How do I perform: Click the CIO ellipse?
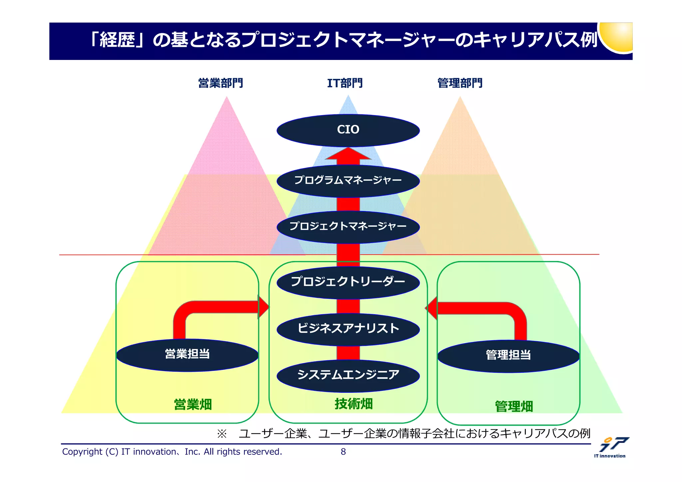tap(348, 130)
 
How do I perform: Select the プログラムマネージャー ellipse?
tap(348, 181)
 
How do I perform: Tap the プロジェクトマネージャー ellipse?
tap(348, 227)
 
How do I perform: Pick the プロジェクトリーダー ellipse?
tap(348, 282)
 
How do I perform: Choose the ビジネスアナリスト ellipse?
tap(348, 329)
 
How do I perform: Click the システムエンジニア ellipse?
tap(348, 375)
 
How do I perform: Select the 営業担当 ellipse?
tap(187, 355)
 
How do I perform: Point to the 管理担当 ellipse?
tap(508, 356)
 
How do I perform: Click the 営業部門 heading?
tap(220, 83)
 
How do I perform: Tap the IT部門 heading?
tap(345, 83)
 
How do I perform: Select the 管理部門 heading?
tap(460, 83)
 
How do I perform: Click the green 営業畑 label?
tap(193, 404)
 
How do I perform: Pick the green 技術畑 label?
tap(354, 404)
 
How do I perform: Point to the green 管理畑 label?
tap(514, 406)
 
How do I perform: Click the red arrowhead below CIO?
tap(348, 154)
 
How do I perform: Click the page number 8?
tap(343, 452)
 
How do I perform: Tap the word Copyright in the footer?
tap(82, 452)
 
